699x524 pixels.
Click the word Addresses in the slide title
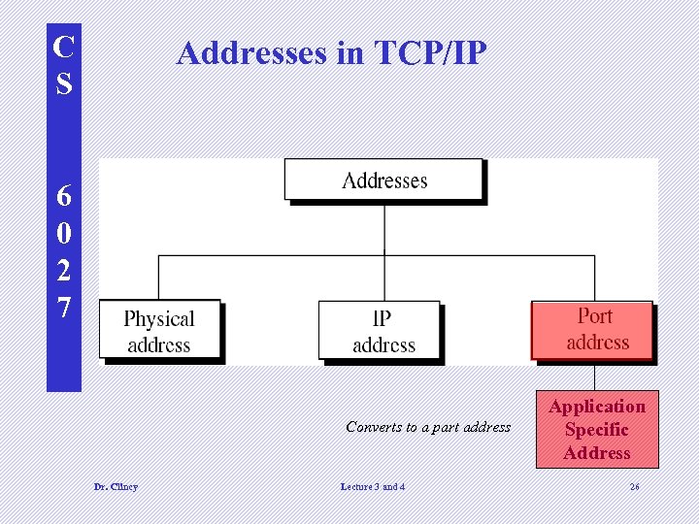(252, 52)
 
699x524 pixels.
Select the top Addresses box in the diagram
(383, 180)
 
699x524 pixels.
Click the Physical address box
(159, 331)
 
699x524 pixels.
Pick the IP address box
(383, 331)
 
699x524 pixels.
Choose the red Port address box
(591, 330)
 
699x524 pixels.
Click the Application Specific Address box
(597, 430)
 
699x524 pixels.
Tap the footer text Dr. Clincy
(116, 486)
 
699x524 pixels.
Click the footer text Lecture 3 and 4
(373, 486)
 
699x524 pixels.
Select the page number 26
(634, 486)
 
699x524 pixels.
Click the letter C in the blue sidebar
(64, 46)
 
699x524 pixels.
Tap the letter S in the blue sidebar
(64, 83)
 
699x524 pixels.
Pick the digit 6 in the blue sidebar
(64, 196)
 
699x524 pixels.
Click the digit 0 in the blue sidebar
(64, 233)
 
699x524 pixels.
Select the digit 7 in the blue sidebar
(64, 308)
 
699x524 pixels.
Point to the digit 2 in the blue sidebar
(64, 271)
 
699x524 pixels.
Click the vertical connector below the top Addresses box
(384, 227)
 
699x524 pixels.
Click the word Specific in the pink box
(597, 430)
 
